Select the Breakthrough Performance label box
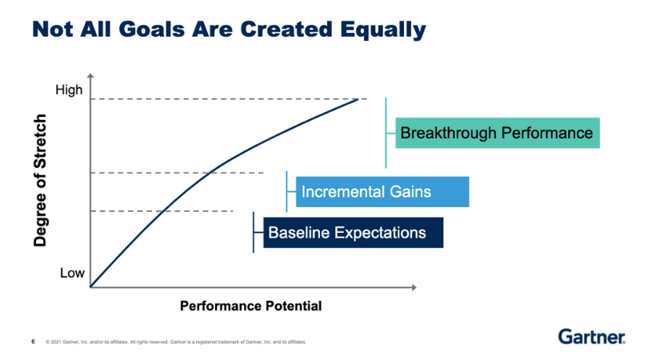tap(497, 133)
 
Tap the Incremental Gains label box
tap(382, 192)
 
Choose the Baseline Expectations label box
tap(348, 233)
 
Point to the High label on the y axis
tap(69, 90)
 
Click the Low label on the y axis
tap(72, 274)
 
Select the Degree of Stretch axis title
tap(41, 180)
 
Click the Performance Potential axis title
tap(250, 306)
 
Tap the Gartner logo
tap(591, 336)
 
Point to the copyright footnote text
tap(176, 342)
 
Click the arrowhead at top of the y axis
tap(91, 78)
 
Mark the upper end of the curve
tap(358, 98)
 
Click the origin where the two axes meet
tap(91, 286)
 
